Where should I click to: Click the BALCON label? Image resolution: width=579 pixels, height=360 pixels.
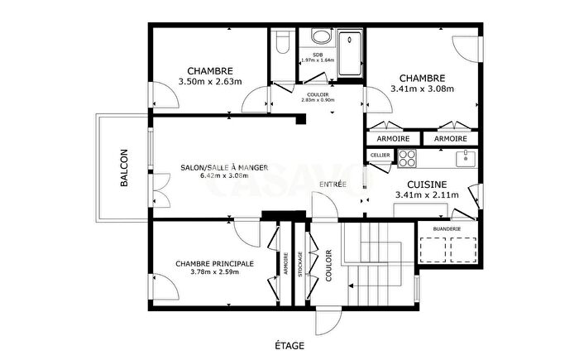click(124, 168)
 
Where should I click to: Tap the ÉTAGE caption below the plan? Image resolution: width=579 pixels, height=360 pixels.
click(289, 344)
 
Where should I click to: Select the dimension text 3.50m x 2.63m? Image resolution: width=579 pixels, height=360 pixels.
click(209, 82)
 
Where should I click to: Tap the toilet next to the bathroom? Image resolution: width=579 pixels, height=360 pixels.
click(281, 44)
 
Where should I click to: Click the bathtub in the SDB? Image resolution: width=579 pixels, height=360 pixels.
click(351, 46)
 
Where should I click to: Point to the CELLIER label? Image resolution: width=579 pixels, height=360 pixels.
click(380, 155)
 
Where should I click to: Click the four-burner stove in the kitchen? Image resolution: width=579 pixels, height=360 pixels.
click(408, 157)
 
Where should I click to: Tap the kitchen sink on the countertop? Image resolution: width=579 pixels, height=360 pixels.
click(466, 156)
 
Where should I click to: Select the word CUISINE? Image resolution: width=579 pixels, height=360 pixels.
click(427, 184)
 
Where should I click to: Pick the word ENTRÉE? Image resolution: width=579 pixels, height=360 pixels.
click(333, 184)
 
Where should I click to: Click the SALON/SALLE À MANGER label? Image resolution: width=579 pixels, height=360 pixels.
click(224, 167)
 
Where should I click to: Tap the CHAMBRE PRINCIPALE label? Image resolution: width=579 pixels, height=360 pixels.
click(215, 263)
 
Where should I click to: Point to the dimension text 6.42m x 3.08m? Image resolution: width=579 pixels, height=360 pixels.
click(224, 175)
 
